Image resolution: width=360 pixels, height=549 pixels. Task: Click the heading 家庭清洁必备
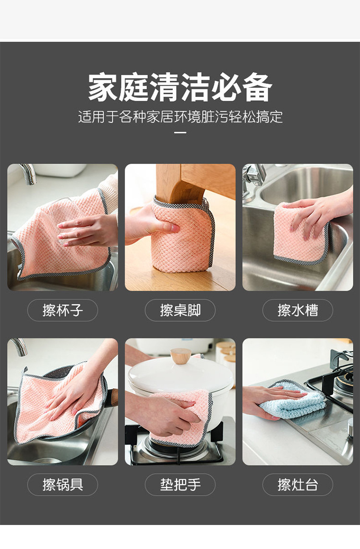coord(180,87)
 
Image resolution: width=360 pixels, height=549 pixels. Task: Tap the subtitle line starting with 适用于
coord(180,117)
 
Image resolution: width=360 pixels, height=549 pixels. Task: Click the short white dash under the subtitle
coord(180,133)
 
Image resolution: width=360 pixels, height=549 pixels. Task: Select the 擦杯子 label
coord(63,310)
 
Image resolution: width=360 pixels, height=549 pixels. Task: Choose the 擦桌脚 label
coord(180,310)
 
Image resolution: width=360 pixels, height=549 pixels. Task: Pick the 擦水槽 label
coord(298,310)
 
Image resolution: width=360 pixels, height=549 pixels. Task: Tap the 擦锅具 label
coord(63,485)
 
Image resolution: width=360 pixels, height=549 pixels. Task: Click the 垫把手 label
coord(180,485)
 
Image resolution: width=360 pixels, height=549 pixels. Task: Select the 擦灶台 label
coord(298,485)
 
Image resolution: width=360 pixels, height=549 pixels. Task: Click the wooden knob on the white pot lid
coord(180,356)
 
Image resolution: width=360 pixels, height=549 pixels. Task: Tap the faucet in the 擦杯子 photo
coord(29,173)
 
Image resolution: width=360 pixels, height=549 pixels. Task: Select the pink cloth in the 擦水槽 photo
coord(300,233)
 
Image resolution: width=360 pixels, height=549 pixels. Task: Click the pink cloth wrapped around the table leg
coord(182,234)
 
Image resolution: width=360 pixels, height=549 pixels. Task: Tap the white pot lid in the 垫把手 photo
coord(180,376)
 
